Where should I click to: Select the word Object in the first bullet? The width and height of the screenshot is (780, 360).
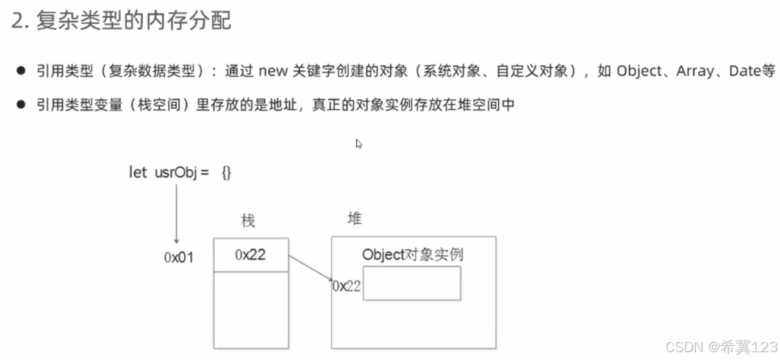[639, 71]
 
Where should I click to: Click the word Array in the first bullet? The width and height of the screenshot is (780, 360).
[695, 71]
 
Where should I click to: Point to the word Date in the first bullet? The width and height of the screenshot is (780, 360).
[743, 71]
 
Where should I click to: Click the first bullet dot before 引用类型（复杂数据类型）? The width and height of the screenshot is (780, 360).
[21, 71]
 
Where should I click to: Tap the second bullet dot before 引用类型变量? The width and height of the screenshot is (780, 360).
[21, 105]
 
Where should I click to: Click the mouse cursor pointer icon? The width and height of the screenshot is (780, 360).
[359, 144]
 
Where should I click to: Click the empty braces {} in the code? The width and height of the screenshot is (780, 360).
[226, 173]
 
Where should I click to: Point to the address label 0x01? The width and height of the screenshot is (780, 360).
[178, 257]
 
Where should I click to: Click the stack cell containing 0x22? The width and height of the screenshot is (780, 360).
[251, 254]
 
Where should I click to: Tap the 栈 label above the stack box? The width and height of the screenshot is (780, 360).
[248, 220]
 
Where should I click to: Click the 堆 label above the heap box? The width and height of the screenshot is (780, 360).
[354, 218]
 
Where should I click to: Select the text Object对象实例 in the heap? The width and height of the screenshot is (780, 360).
[412, 254]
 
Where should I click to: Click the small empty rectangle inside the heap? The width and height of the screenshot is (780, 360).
[412, 283]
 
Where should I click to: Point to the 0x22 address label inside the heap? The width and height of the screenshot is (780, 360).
[346, 286]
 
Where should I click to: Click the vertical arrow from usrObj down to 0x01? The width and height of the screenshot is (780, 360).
[176, 214]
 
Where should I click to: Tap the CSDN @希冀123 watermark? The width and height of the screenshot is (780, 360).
[721, 347]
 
